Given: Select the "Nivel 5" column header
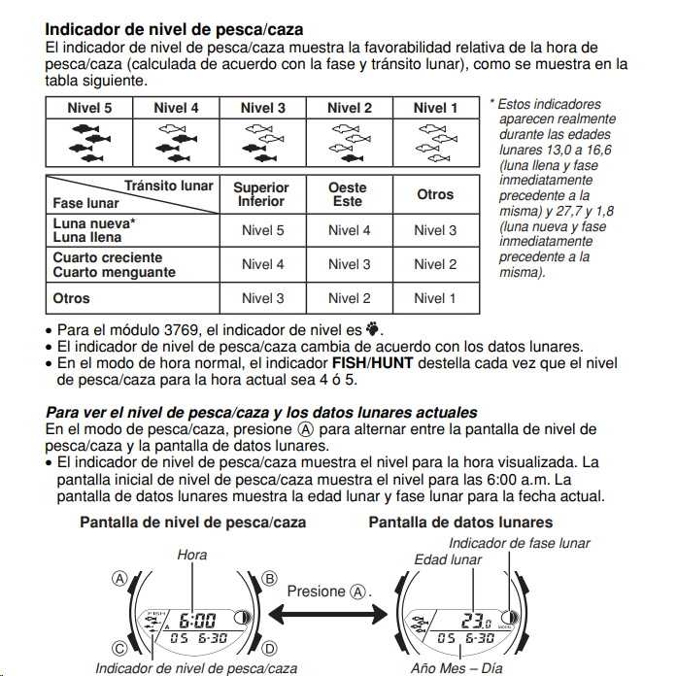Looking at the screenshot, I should tap(89, 108).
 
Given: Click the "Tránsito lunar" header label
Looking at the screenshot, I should tap(169, 186).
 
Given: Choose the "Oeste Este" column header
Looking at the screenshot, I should tap(348, 194).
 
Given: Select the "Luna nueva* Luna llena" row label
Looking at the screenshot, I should tap(93, 230).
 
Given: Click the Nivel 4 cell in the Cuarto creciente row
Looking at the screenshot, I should tap(262, 264).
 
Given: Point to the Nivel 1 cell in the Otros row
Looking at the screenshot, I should tap(434, 298).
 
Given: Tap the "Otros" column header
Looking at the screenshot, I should tap(435, 194).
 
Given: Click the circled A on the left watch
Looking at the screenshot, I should tap(119, 579).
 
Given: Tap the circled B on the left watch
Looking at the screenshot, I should tap(270, 579).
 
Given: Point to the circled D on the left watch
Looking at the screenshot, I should tap(270, 648).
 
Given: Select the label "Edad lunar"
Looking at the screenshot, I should tap(448, 560).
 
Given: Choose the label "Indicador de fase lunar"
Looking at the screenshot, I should tap(519, 543).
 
